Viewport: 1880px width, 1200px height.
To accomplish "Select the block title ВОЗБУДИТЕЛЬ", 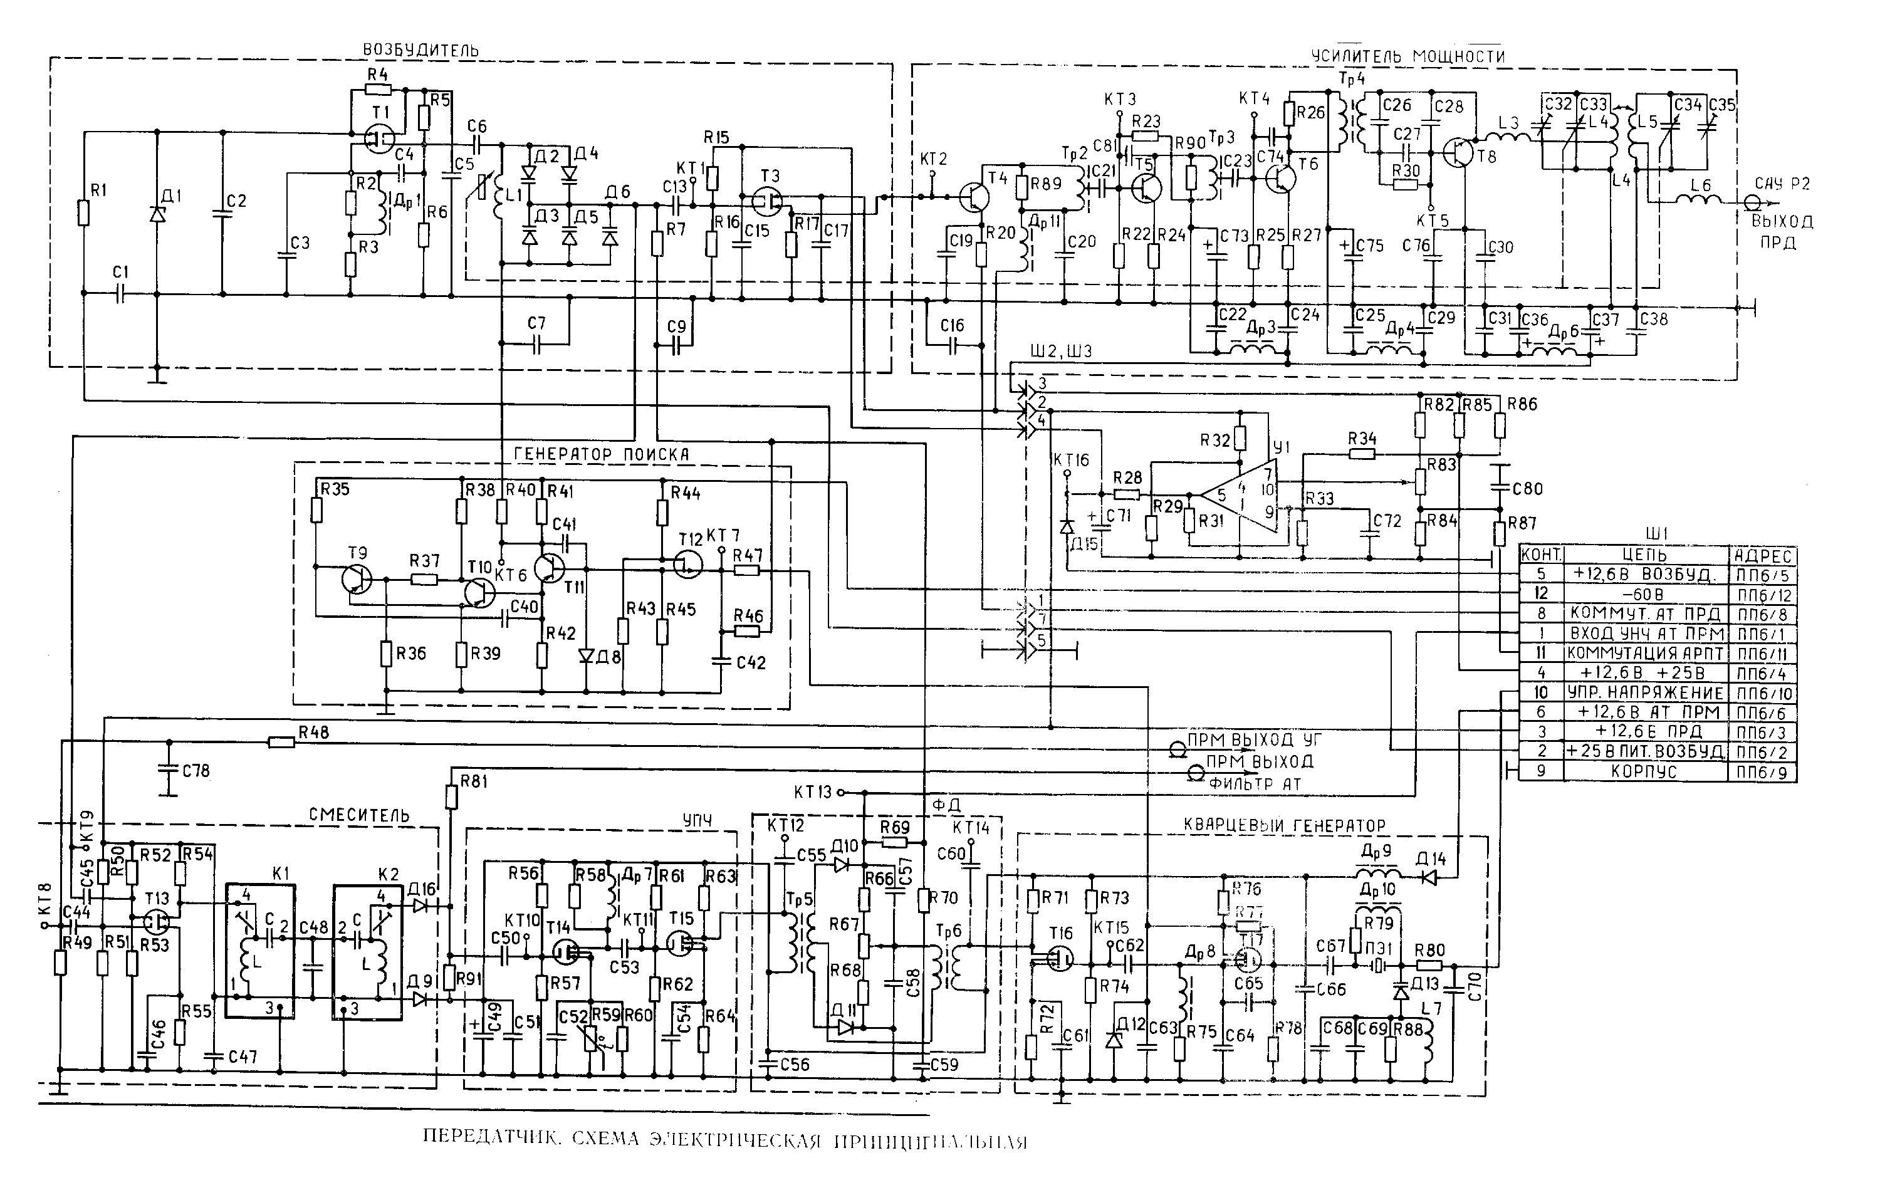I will (420, 51).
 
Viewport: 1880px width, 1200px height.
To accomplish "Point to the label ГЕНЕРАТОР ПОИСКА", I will (602, 454).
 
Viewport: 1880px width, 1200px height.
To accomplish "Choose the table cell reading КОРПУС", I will (1645, 772).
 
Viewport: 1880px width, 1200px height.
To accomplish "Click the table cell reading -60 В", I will (1645, 595).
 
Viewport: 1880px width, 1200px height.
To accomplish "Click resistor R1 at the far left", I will (83, 212).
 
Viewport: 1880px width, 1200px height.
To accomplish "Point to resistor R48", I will (281, 742).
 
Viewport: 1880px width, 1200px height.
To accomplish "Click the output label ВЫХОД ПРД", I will (1782, 232).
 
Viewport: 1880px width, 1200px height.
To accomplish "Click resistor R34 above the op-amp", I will (1362, 453).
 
